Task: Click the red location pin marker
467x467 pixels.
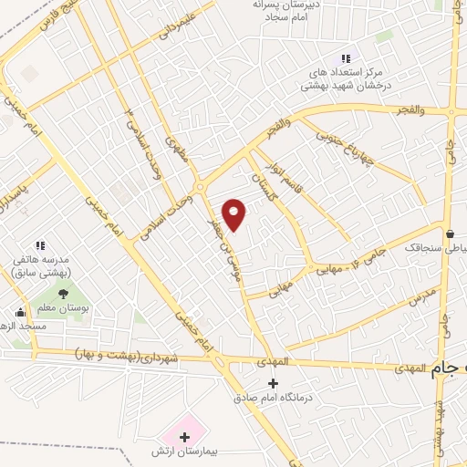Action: click(234, 214)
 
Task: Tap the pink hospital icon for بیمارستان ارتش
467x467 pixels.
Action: click(184, 438)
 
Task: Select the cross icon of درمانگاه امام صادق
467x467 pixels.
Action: click(273, 381)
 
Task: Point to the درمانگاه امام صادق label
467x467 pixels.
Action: click(271, 398)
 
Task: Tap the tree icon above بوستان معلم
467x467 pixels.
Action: click(62, 295)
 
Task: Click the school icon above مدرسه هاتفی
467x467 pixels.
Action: click(39, 245)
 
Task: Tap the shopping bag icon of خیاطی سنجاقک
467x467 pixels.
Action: click(450, 232)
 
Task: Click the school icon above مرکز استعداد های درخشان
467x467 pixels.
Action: click(345, 58)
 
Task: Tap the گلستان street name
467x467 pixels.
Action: click(260, 171)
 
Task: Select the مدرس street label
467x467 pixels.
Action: click(424, 296)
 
